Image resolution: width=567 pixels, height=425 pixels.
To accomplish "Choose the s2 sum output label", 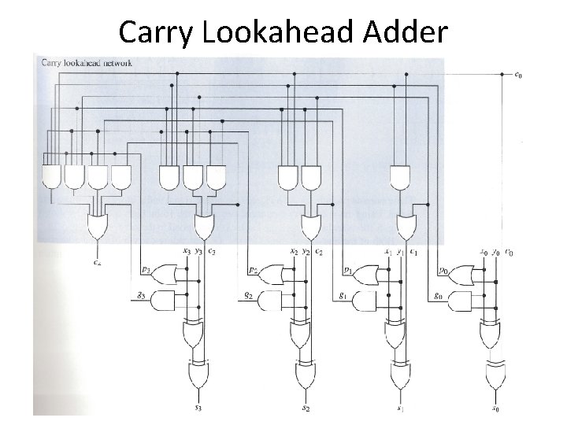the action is (305, 408).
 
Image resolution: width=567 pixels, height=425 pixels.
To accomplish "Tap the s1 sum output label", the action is (401, 408).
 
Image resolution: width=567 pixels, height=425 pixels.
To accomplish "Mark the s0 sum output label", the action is (495, 408).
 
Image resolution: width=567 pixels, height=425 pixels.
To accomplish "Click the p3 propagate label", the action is (146, 269).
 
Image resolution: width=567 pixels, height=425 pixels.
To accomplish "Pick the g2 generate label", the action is (248, 296).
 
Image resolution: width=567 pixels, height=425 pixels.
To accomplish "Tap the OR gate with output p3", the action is (164, 274).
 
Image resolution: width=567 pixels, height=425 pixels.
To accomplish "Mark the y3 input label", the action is (198, 252).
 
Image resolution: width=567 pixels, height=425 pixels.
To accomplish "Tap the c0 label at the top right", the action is (517, 76).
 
